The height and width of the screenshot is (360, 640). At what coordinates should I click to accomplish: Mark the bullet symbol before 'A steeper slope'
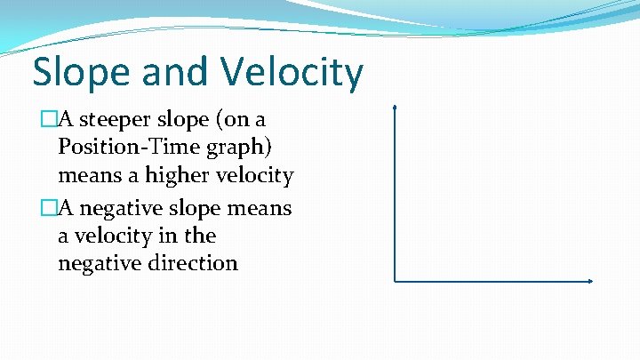click(49, 119)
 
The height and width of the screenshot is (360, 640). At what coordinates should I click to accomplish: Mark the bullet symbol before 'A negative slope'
click(49, 207)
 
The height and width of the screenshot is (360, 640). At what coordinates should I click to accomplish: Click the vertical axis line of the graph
click(395, 196)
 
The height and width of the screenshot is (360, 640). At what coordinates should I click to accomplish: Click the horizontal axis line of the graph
click(493, 282)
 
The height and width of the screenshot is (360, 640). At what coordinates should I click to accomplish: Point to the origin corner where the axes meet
click(395, 282)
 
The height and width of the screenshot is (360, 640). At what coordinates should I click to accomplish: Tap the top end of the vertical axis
click(395, 108)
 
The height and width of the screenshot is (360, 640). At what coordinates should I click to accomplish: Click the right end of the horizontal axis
click(591, 282)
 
